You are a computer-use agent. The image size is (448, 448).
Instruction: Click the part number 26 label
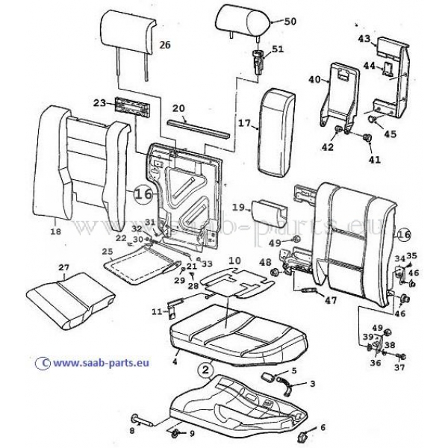(165, 45)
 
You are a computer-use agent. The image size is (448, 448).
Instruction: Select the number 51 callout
(279, 50)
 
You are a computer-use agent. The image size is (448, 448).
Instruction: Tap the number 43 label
(364, 38)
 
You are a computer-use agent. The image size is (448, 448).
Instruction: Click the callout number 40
(314, 79)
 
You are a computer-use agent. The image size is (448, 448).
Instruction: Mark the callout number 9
(191, 433)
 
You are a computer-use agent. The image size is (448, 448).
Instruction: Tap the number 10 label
(234, 261)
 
